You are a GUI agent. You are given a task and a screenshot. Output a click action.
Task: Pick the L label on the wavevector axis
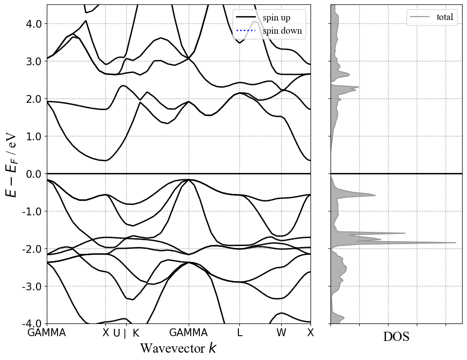coord(239,333)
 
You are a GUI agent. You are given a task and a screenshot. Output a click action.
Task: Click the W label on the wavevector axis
coord(281,333)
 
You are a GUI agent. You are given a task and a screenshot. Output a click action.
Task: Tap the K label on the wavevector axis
coord(136,333)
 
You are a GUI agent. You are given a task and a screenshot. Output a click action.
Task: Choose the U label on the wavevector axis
coord(117,333)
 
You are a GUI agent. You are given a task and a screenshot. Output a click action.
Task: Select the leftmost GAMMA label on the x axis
coord(47,333)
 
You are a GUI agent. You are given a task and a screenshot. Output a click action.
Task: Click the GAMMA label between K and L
coord(189,333)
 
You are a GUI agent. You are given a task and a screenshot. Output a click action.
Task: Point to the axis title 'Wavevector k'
coord(178,348)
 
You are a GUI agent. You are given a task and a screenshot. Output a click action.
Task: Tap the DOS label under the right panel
coord(396,337)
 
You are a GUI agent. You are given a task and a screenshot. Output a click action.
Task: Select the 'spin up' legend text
coord(276,18)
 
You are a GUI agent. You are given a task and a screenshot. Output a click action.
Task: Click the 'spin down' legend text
coord(282,31)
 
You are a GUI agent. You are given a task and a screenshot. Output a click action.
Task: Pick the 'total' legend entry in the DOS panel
coord(445,17)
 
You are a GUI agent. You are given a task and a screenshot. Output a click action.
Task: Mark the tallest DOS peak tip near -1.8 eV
coord(456,243)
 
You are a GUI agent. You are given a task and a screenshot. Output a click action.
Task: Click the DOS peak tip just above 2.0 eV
coord(359,87)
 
